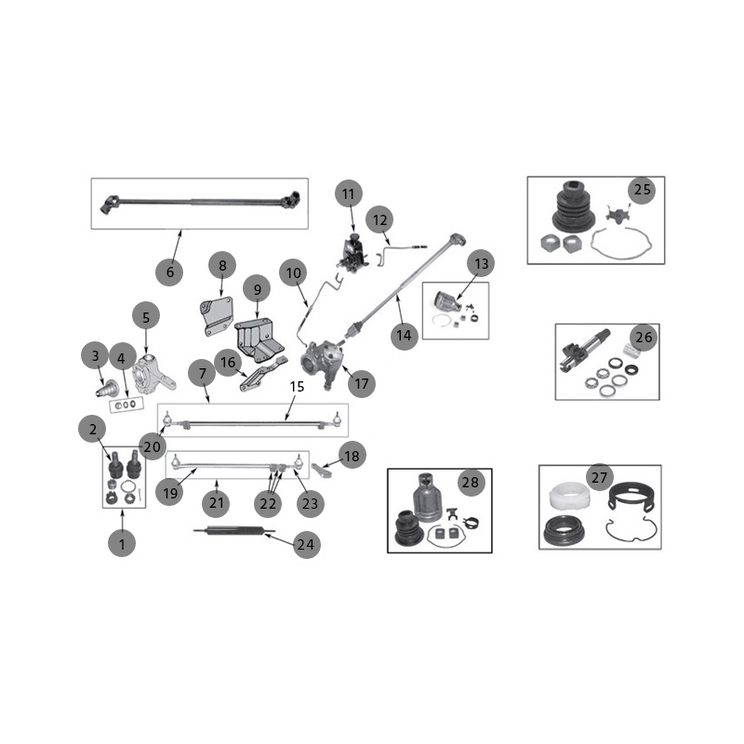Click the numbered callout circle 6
tap(169, 272)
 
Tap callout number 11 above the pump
tap(348, 193)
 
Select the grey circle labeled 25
tap(642, 190)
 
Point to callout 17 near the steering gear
tap(362, 383)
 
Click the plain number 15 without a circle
tap(297, 387)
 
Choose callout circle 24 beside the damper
tap(307, 544)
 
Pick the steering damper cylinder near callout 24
tap(234, 530)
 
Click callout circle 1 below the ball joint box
tap(122, 543)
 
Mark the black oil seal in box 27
tap(565, 531)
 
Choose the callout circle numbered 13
tap(481, 264)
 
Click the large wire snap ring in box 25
tap(620, 244)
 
